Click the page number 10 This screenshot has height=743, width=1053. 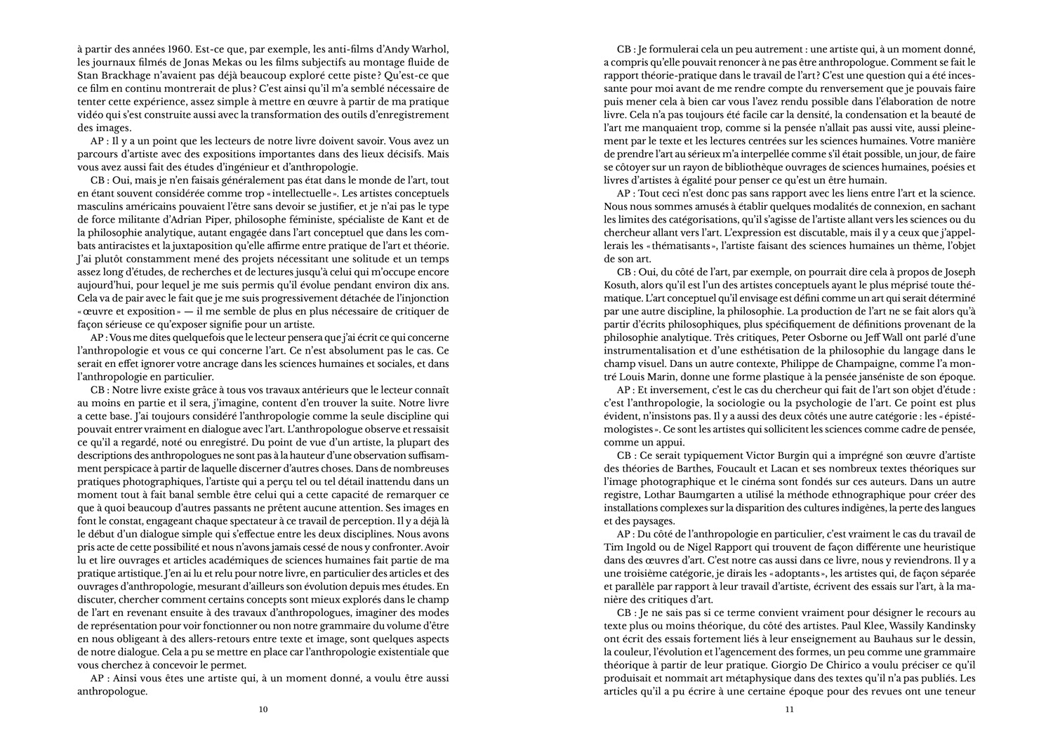[x=263, y=709]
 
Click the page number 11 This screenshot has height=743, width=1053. [x=789, y=709]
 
